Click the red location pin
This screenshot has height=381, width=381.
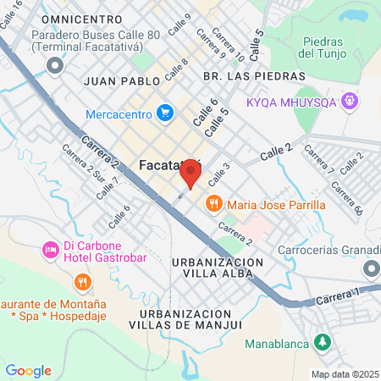[x=190, y=174]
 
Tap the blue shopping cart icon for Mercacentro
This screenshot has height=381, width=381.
[x=165, y=112]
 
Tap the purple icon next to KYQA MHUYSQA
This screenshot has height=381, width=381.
[x=351, y=102]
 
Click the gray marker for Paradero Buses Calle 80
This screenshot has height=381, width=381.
[x=56, y=64]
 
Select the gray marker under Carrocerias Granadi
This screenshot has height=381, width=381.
[x=371, y=268]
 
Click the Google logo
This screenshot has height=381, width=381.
[x=28, y=371]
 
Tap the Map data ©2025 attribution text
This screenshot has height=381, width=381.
[x=345, y=374]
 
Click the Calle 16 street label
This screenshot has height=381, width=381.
[x=11, y=16]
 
